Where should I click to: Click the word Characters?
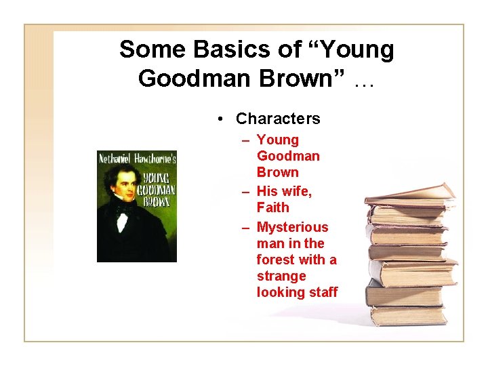pos(278,119)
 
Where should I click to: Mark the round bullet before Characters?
pos(222,119)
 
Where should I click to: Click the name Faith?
pos(272,207)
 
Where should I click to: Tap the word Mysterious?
pos(292,227)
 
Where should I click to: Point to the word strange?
pos(281,276)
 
